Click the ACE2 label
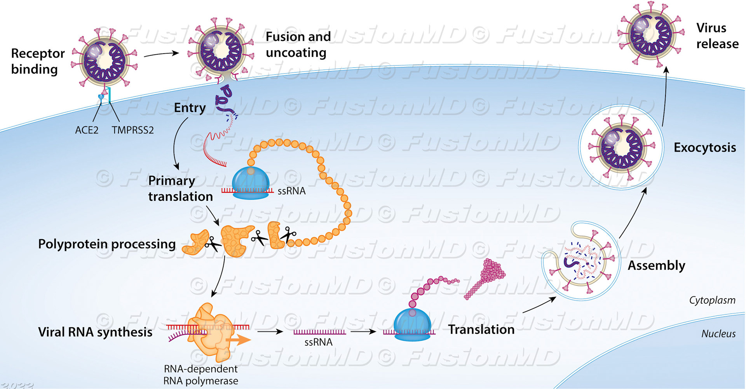coord(86,130)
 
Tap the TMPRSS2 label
coord(132,130)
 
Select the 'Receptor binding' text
coord(37,61)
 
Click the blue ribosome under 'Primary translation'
coord(251,183)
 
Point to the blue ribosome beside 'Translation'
coord(412,325)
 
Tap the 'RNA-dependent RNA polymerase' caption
coord(200,375)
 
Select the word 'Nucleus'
coord(718,334)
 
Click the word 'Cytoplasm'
coord(712,300)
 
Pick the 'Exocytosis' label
coord(704,147)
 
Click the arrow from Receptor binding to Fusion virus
coord(161,54)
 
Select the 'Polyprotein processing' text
coord(107,244)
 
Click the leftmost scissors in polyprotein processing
coord(212,244)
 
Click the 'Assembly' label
coord(656,265)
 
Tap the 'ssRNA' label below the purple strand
coord(318,342)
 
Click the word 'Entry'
coord(190,108)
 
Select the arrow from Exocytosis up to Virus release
coord(664,97)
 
